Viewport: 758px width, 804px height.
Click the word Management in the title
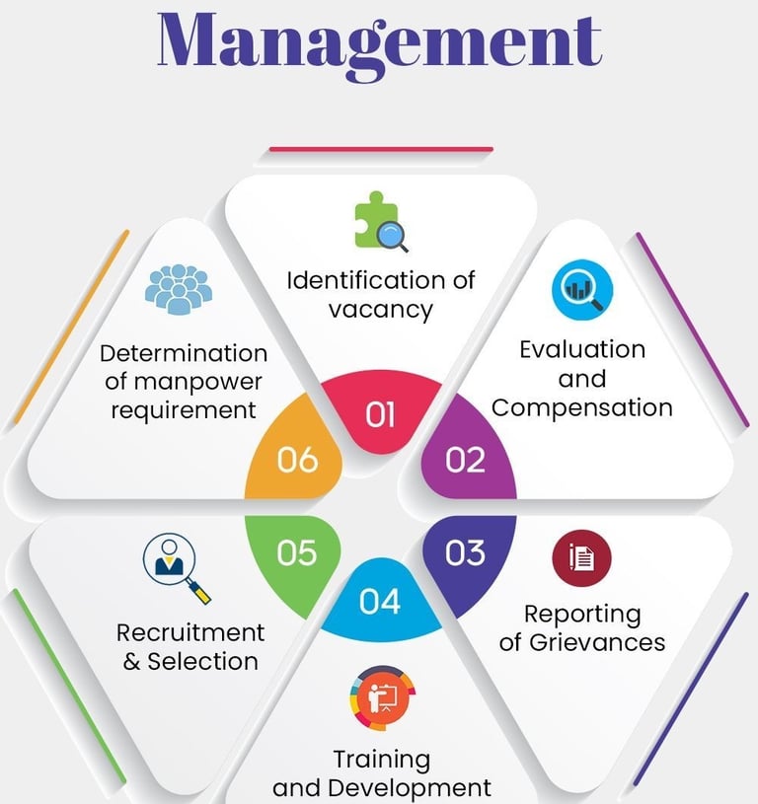point(378,39)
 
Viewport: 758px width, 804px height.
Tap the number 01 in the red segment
point(380,415)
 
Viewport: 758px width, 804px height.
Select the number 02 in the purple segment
point(466,460)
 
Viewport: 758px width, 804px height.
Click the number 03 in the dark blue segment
point(465,552)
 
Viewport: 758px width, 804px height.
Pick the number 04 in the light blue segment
point(380,600)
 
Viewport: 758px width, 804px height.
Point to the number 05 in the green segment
point(295,552)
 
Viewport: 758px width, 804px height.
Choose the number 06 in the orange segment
point(296,460)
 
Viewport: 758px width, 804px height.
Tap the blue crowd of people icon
point(179,290)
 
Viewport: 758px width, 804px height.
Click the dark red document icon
point(582,558)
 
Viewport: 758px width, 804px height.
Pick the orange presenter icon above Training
point(381,699)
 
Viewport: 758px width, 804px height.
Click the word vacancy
point(381,310)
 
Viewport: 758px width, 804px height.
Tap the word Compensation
point(582,407)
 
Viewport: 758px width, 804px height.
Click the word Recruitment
point(190,632)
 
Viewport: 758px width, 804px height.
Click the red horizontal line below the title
point(380,150)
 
